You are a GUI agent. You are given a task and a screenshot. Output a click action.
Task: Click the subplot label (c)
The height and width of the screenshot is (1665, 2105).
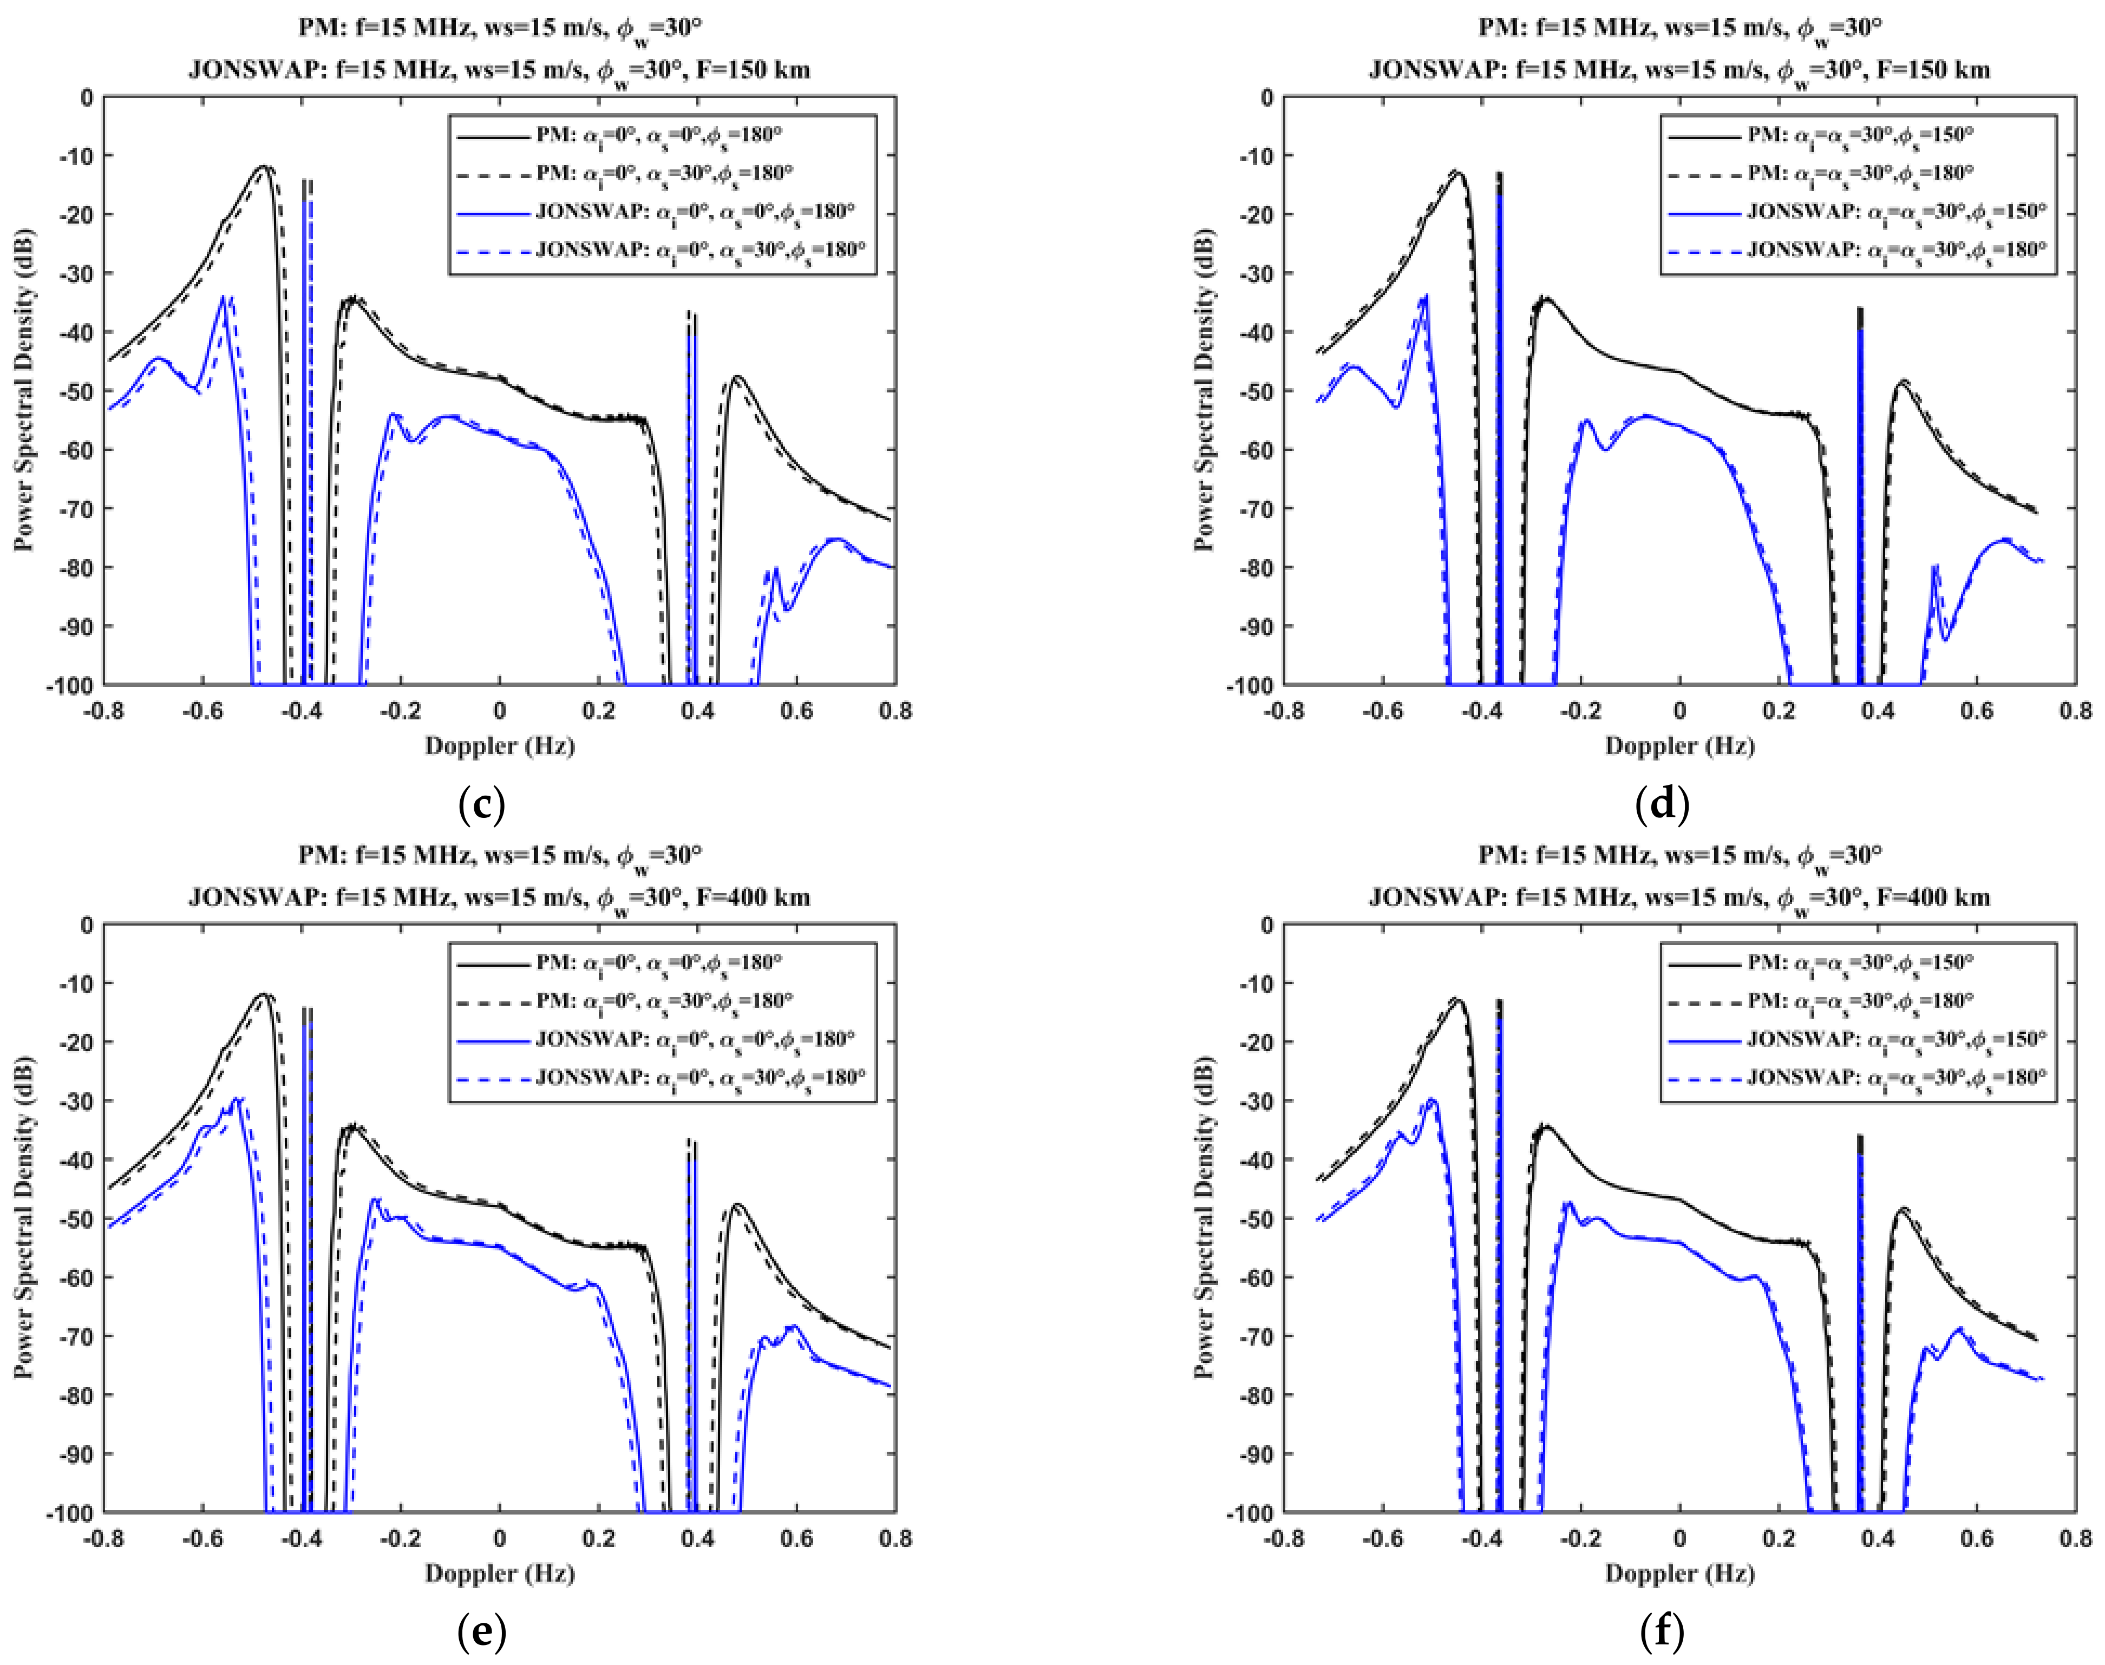tap(481, 805)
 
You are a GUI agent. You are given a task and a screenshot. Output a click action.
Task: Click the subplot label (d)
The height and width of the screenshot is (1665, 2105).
tap(1662, 805)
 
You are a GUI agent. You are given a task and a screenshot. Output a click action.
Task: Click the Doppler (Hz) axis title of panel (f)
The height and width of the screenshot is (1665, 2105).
tap(1680, 1574)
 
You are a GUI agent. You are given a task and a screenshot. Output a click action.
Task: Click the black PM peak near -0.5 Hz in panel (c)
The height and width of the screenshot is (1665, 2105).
tap(263, 168)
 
